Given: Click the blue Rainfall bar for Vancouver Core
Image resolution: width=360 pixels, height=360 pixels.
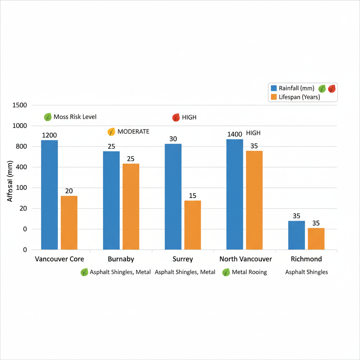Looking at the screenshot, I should coord(50,195).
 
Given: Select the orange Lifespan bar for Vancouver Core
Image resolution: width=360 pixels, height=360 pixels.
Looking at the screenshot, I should coord(69,223).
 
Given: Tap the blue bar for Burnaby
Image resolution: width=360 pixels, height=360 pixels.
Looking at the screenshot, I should coord(111,200).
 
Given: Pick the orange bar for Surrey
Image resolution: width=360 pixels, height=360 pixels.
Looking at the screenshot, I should coord(193,225).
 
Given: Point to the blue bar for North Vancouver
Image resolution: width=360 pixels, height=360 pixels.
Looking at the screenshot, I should coord(234,194).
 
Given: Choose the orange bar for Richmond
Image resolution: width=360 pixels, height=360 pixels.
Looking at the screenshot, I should coord(316,239).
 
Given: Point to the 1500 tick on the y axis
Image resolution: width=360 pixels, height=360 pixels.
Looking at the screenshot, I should coord(19,105).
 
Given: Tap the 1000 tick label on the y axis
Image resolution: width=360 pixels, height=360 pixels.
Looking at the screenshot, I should coord(19,126).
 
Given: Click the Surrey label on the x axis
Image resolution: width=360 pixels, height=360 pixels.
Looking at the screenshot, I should coord(183,259).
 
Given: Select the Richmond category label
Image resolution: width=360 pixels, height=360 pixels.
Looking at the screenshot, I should coord(306,259).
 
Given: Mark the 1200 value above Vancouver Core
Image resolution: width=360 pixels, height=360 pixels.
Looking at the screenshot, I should coord(49,135).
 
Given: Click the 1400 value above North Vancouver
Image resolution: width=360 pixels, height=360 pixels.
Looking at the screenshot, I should coord(234,134).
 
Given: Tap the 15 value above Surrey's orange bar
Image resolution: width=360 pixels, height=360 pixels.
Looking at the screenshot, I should coord(193,195).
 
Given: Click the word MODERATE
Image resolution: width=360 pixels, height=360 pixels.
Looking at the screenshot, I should coord(133,131).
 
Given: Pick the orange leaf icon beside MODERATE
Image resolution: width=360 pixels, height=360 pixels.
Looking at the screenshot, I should coord(111,132).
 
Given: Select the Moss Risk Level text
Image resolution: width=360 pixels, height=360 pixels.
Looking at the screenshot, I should coord(75,117).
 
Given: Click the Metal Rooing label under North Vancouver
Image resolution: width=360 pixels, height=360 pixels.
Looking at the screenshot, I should coord(249,272).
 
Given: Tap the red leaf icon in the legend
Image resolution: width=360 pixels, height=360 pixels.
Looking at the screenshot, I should coord(332,89).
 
